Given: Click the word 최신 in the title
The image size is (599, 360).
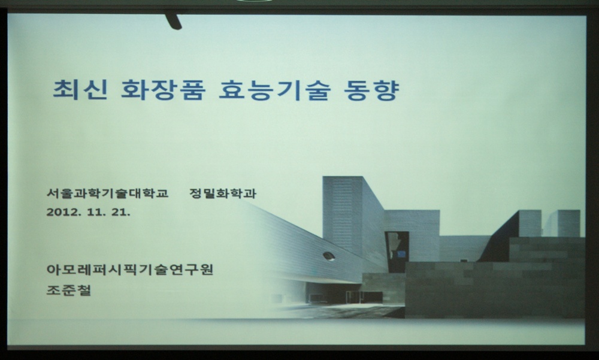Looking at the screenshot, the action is point(80,90).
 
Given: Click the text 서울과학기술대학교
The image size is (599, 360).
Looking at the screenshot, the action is point(107,193).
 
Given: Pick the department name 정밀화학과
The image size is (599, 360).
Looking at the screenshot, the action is point(223,193).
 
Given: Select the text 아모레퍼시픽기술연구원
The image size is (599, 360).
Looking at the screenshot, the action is point(130,270).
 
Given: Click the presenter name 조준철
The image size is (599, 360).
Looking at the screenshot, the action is point(69,290).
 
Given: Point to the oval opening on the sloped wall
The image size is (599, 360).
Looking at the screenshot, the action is point(328,256).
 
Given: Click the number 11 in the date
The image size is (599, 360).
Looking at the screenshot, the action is point(95,212).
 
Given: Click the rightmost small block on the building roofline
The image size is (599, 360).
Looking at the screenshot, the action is point(568,223).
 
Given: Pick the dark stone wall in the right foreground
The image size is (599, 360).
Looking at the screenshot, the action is point(495,290).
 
